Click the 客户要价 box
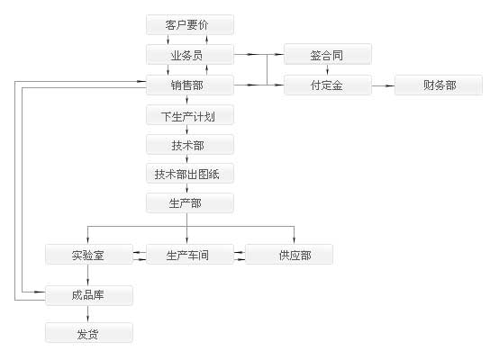coord(189,25)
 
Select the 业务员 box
coord(189,55)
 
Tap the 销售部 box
coord(189,85)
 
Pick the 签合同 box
coord(327,55)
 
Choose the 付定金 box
coord(327,85)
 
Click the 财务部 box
coord(439,85)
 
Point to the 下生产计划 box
coord(189,116)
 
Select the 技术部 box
coord(189,145)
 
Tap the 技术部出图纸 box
coord(189,174)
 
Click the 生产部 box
coord(189,203)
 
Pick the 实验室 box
coord(89,255)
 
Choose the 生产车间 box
coord(189,255)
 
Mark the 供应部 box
coord(289,255)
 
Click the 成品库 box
coord(89,295)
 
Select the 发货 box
coord(89,333)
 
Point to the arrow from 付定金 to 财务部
coord(382,85)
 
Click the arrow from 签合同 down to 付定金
coord(327,70)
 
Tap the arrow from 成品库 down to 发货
coord(88,314)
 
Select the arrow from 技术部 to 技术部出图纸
coord(189,159)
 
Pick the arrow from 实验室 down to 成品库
coord(88,275)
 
